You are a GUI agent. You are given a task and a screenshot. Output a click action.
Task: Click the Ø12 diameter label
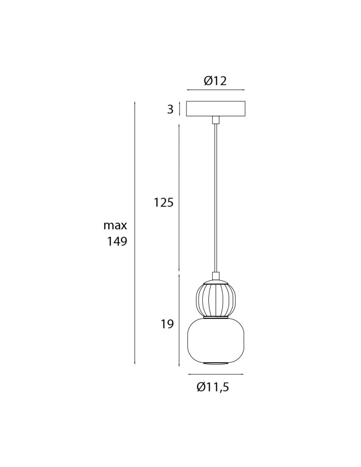pos(215,81)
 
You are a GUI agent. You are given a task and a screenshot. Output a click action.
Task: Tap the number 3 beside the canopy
pos(170,109)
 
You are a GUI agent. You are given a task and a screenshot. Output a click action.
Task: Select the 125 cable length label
pos(164,203)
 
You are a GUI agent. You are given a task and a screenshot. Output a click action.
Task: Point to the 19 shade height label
pos(167,324)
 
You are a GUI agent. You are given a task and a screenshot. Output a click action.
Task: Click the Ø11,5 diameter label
pos(213,387)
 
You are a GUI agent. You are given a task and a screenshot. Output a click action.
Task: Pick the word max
pos(115,226)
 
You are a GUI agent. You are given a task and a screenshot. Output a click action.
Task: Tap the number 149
pos(117,242)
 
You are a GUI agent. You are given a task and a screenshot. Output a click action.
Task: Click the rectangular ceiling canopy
pos(215,108)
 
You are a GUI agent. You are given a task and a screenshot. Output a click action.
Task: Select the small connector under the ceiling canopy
pos(215,120)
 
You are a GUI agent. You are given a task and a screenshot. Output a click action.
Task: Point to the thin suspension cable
pos(215,196)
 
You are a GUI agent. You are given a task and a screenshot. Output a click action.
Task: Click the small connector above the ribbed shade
pos(215,276)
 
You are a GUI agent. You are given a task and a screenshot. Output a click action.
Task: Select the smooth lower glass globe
pos(215,340)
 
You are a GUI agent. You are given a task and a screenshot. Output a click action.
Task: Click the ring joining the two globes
pos(215,318)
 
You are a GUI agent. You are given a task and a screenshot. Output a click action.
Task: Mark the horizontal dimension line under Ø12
pos(215,90)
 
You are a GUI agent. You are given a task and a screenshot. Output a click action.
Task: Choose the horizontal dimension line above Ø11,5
pos(215,374)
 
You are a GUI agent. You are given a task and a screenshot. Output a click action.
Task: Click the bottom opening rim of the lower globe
pos(215,362)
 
